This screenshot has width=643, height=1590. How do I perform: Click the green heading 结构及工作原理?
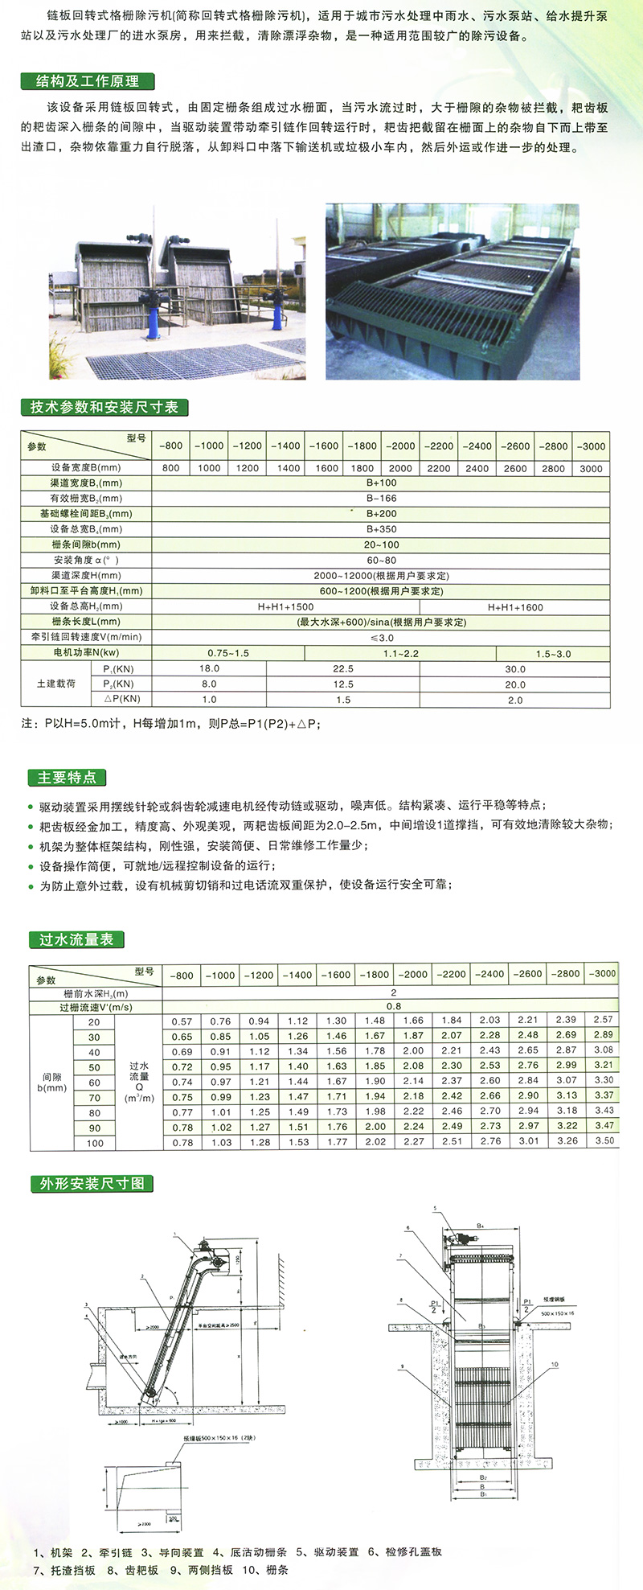(88, 81)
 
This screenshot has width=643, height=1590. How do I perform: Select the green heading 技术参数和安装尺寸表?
(104, 407)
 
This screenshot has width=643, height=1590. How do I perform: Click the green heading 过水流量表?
(76, 939)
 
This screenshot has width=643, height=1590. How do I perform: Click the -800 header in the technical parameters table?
(170, 446)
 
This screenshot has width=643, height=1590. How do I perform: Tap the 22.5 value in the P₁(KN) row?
(343, 668)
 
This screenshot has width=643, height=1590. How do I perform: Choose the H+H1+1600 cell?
(515, 607)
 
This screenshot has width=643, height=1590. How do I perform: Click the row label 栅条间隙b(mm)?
(86, 544)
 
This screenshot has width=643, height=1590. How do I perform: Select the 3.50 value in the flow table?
(604, 1140)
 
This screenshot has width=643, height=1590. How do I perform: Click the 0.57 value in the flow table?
(182, 1021)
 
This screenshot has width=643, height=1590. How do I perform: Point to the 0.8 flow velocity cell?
(393, 1006)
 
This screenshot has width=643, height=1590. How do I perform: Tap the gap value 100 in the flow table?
(95, 1143)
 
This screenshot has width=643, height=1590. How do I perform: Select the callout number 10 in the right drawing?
(554, 1364)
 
